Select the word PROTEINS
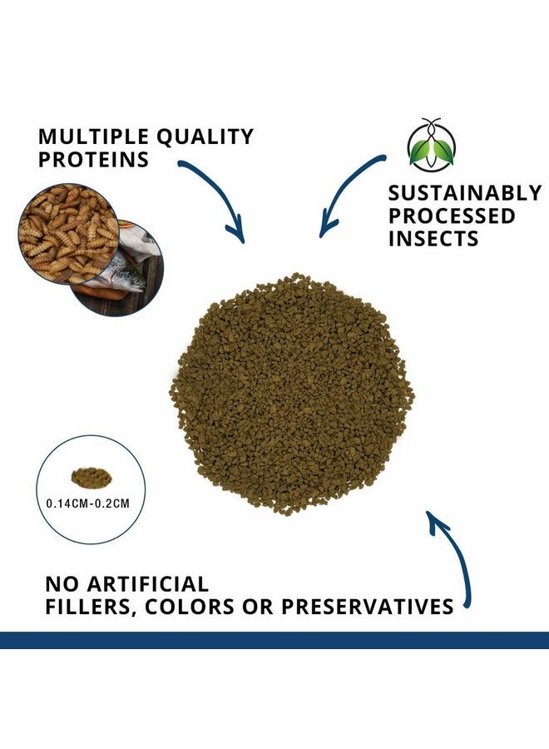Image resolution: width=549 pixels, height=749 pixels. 94,160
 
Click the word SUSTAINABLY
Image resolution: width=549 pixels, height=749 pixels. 465,194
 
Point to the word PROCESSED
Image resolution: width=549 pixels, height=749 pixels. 453,216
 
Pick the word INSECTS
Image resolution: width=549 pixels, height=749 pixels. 433,239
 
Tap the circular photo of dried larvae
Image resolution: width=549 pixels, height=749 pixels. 67,233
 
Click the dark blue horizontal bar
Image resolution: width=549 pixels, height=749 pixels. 274,639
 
